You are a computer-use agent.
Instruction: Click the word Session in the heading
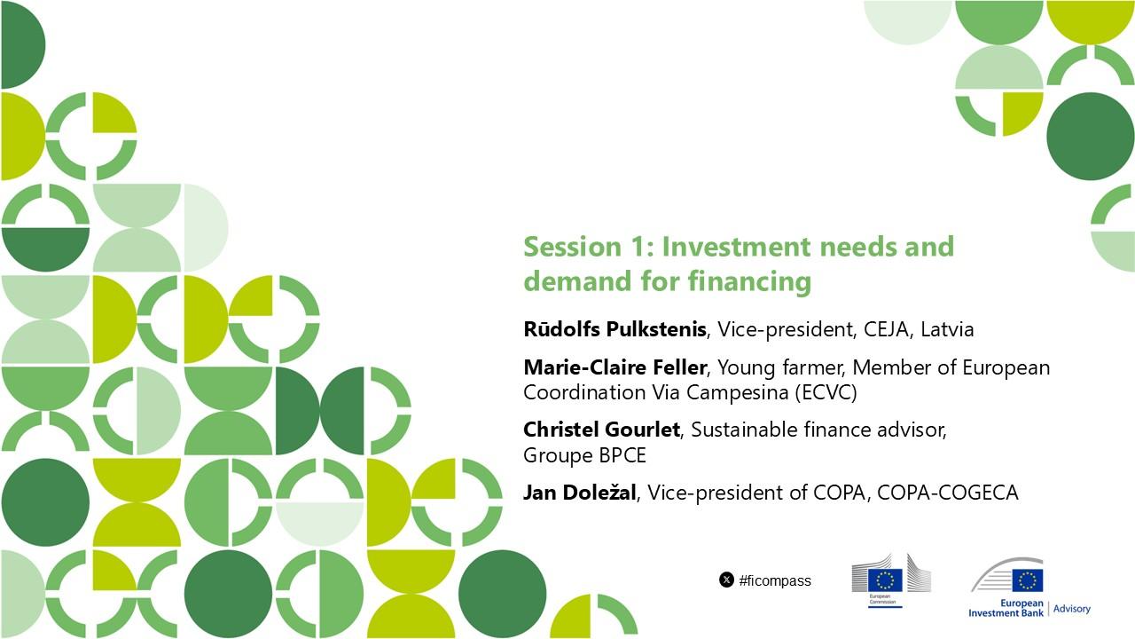(x=573, y=247)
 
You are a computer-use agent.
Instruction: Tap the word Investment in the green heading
(x=736, y=247)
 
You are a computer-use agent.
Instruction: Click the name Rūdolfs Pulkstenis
(x=614, y=329)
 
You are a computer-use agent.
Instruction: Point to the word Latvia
(x=947, y=329)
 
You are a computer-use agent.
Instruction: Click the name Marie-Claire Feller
(x=614, y=367)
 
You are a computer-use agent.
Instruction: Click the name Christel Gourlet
(x=601, y=430)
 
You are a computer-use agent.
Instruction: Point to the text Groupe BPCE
(x=584, y=455)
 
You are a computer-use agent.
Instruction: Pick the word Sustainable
(x=744, y=430)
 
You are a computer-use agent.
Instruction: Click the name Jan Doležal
(x=580, y=493)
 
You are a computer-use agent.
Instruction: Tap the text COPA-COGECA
(x=948, y=493)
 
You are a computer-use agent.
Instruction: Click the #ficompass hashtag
(x=775, y=580)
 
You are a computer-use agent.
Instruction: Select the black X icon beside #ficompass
(x=726, y=580)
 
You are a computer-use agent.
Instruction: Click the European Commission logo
(x=891, y=580)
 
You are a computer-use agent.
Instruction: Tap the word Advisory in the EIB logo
(x=1072, y=609)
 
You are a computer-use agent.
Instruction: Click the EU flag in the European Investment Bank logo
(x=1028, y=580)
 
